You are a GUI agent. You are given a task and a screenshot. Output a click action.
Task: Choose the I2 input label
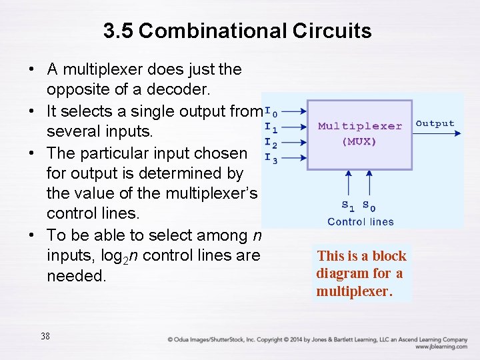point(271,143)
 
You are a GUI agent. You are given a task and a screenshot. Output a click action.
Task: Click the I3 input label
point(271,158)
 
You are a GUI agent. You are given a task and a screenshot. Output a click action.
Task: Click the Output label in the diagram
point(435,124)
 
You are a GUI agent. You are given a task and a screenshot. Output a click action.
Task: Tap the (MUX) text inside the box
point(359,141)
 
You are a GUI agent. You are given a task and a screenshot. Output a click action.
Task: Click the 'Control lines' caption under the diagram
point(361,221)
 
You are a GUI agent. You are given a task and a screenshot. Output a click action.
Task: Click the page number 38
point(45,336)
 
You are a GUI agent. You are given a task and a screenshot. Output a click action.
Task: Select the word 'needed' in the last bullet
point(75,276)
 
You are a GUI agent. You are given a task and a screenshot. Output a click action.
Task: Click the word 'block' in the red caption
point(389,256)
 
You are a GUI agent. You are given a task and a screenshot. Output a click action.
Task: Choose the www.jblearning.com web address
point(441,347)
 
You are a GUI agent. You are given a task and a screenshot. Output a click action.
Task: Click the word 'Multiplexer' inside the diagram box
point(360,126)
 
